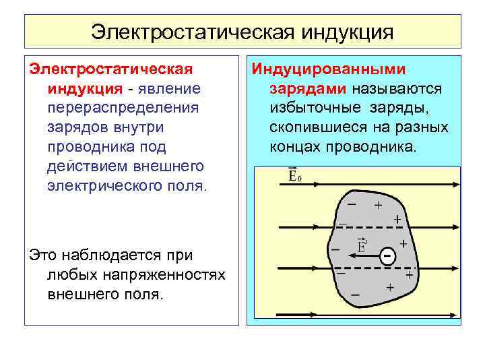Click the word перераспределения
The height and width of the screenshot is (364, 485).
[x=123, y=108]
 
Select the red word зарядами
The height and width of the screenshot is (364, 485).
[x=308, y=89]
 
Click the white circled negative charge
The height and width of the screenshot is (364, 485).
[x=387, y=257]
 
